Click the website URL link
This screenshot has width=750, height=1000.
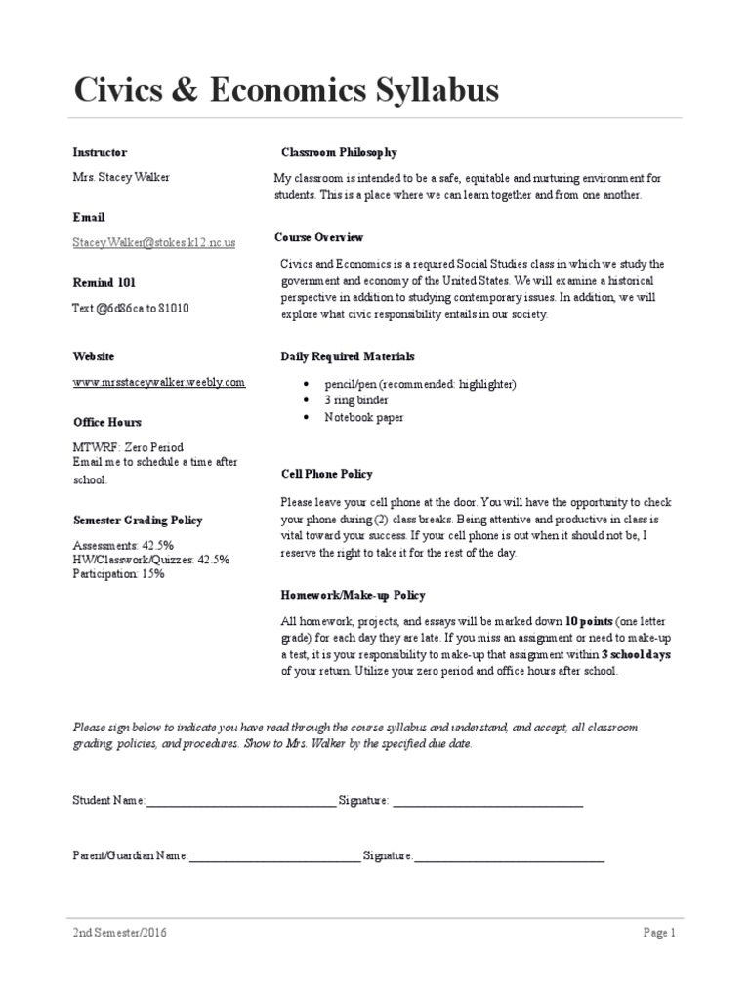coord(159,382)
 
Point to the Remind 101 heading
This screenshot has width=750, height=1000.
coord(104,283)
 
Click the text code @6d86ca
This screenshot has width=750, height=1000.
coord(115,308)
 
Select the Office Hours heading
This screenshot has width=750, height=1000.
coord(106,422)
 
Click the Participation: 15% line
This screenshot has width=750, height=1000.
coord(118,574)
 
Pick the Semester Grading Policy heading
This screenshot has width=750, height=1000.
coord(138,521)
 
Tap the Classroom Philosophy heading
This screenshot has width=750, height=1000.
coord(339,153)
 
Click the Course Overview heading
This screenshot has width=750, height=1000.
coord(318,237)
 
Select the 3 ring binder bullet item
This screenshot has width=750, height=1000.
coord(356,400)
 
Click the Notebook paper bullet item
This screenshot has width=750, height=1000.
coord(363,417)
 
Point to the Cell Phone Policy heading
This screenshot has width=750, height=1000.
coord(326,474)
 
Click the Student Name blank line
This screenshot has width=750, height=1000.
coord(240,802)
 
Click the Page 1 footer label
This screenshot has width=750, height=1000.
coord(659,933)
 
